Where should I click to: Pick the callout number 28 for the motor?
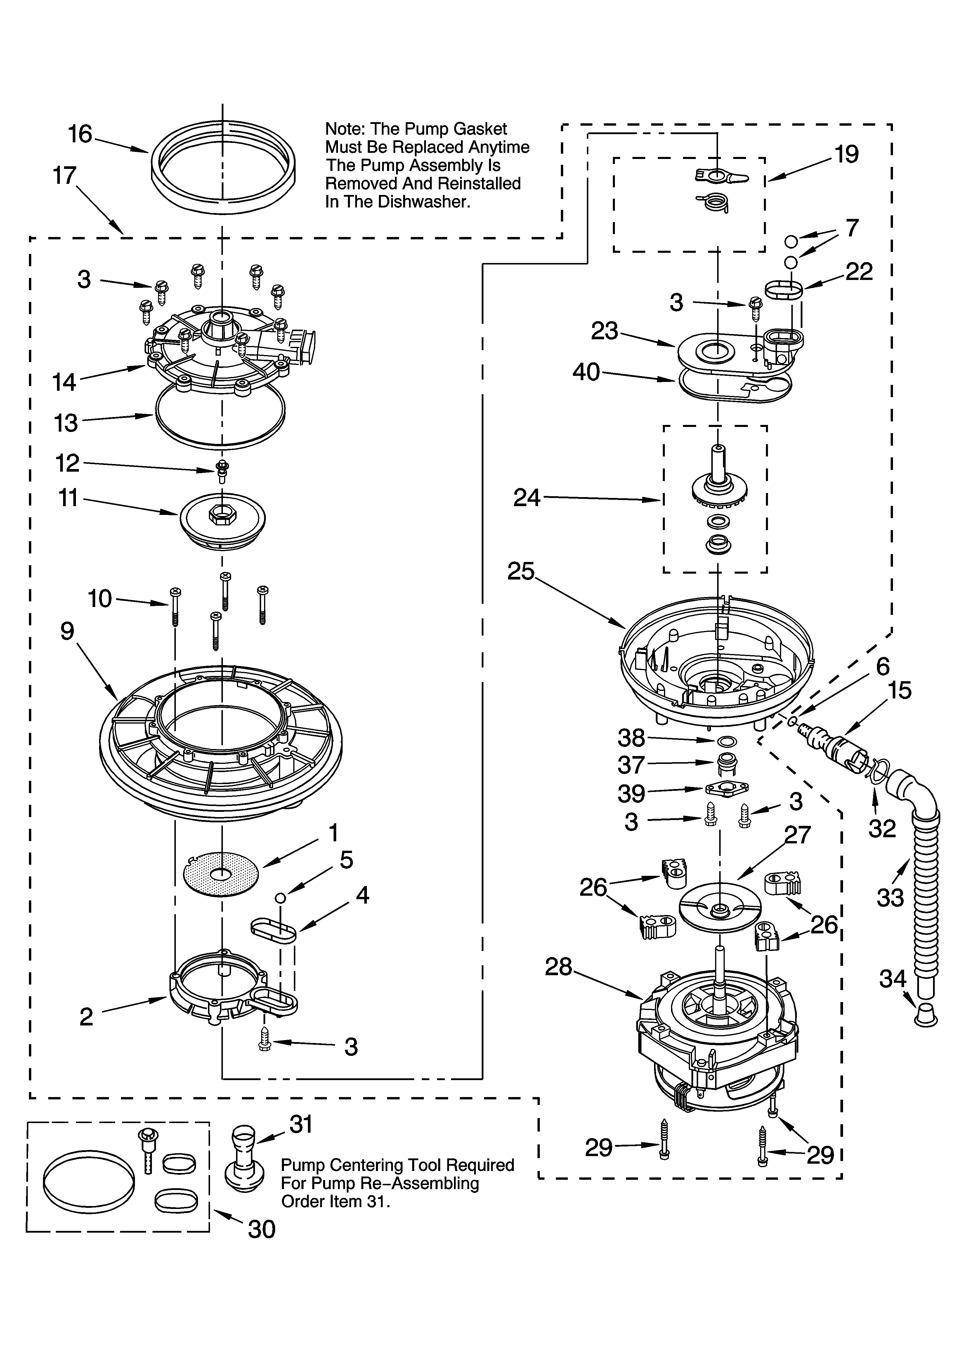pos(558,967)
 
